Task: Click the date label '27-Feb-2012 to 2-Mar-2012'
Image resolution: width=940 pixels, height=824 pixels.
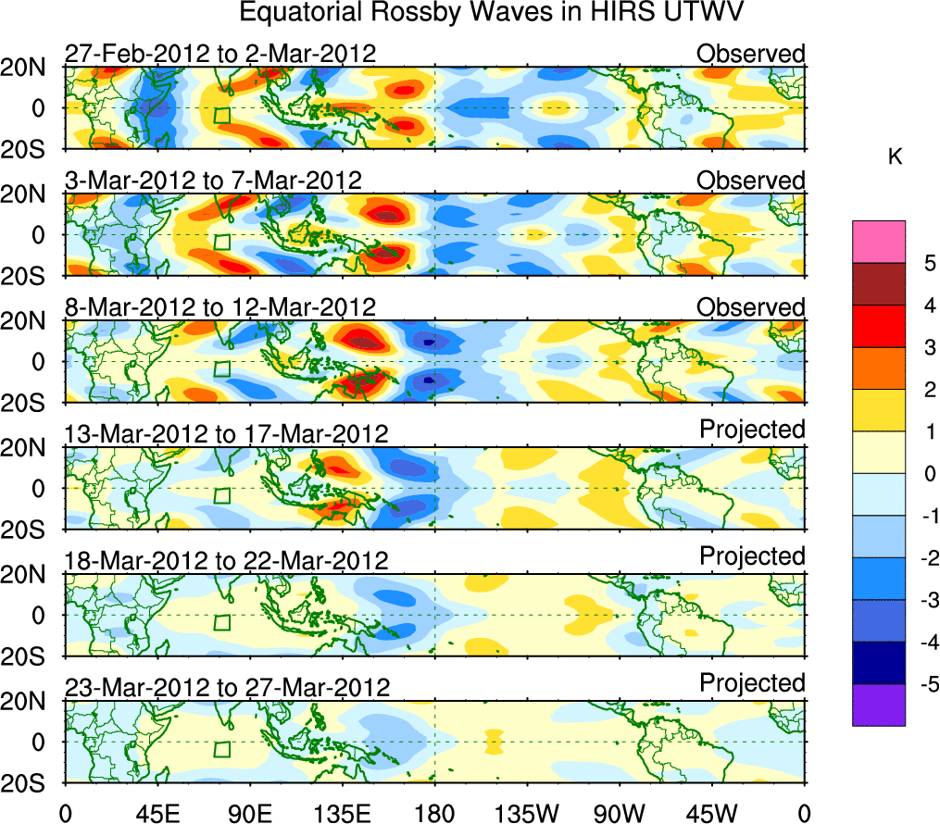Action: [220, 54]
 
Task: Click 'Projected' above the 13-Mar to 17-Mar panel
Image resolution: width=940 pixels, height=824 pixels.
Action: [752, 429]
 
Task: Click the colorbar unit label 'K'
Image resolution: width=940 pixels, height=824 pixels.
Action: [895, 158]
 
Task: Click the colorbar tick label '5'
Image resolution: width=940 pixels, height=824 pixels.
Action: [929, 263]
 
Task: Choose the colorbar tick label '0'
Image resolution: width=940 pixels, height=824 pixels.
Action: [929, 474]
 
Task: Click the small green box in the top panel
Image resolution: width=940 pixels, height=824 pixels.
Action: [221, 115]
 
